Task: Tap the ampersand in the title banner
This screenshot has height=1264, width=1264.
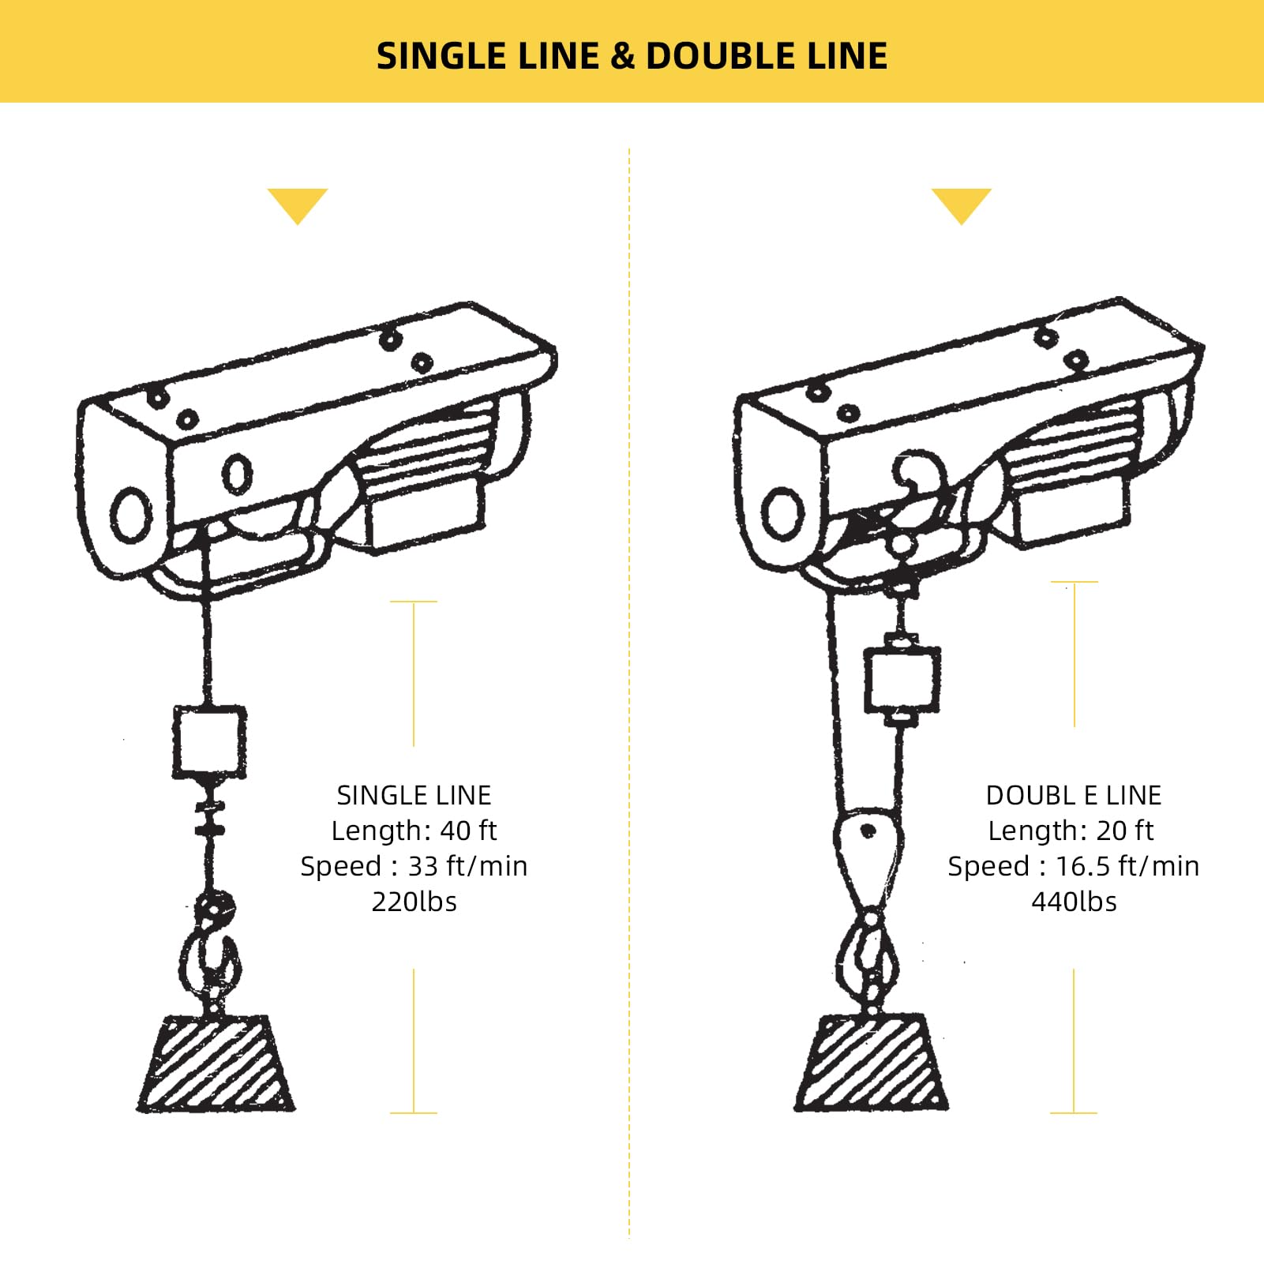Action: (x=622, y=57)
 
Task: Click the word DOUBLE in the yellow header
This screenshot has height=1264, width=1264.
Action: (x=714, y=57)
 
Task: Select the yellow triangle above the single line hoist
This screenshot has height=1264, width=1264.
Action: (x=298, y=204)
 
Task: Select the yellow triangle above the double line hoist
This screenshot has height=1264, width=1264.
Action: (x=961, y=204)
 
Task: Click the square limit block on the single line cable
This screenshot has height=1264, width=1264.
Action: (x=209, y=742)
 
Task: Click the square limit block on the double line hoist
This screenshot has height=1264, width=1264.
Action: (x=902, y=679)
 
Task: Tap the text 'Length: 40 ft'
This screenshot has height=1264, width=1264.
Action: (x=414, y=831)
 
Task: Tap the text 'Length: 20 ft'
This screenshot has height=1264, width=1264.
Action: (x=1071, y=831)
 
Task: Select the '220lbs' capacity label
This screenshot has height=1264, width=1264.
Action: (x=414, y=902)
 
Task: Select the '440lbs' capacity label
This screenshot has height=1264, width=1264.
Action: (x=1074, y=902)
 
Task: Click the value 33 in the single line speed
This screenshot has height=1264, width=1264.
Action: (x=423, y=866)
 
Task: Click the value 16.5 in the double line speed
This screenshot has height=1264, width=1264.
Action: (x=1085, y=866)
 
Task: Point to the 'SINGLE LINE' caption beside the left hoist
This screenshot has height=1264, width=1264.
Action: (x=414, y=795)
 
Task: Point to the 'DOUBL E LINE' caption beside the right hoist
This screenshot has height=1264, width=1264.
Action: (x=1074, y=795)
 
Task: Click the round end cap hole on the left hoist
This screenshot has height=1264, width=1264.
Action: (x=132, y=515)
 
